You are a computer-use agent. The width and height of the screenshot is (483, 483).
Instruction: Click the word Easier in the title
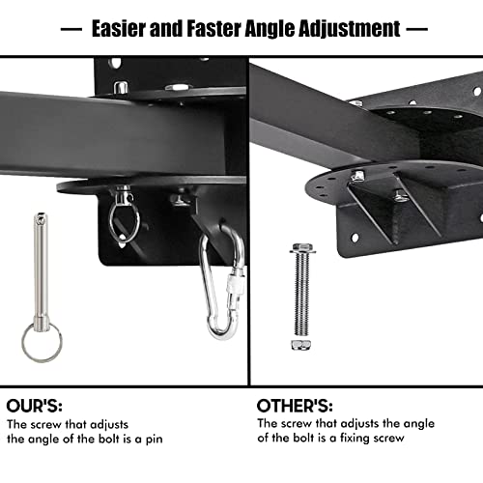[x=119, y=29]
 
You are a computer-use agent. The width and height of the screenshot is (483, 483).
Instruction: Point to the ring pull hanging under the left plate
[x=126, y=215]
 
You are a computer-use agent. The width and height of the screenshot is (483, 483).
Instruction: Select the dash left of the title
[x=71, y=29]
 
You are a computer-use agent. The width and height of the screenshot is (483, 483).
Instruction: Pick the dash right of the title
[x=415, y=29]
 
